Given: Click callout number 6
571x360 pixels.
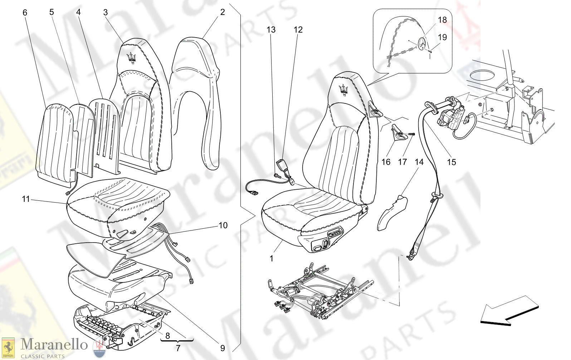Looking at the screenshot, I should pyautogui.click(x=25, y=13).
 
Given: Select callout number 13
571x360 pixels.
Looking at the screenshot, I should pyautogui.click(x=271, y=30).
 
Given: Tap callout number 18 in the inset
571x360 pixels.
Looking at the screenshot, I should pyautogui.click(x=442, y=20).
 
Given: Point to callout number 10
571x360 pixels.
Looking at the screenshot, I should pyautogui.click(x=223, y=225).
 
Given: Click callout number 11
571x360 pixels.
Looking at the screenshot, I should pyautogui.click(x=25, y=199).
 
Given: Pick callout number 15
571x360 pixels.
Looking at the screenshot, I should pyautogui.click(x=451, y=162).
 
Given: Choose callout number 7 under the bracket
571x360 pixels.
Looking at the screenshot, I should pyautogui.click(x=178, y=347).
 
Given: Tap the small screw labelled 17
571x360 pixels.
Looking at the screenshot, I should pyautogui.click(x=410, y=134).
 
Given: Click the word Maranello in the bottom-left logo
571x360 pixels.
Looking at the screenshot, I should pyautogui.click(x=54, y=345).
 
